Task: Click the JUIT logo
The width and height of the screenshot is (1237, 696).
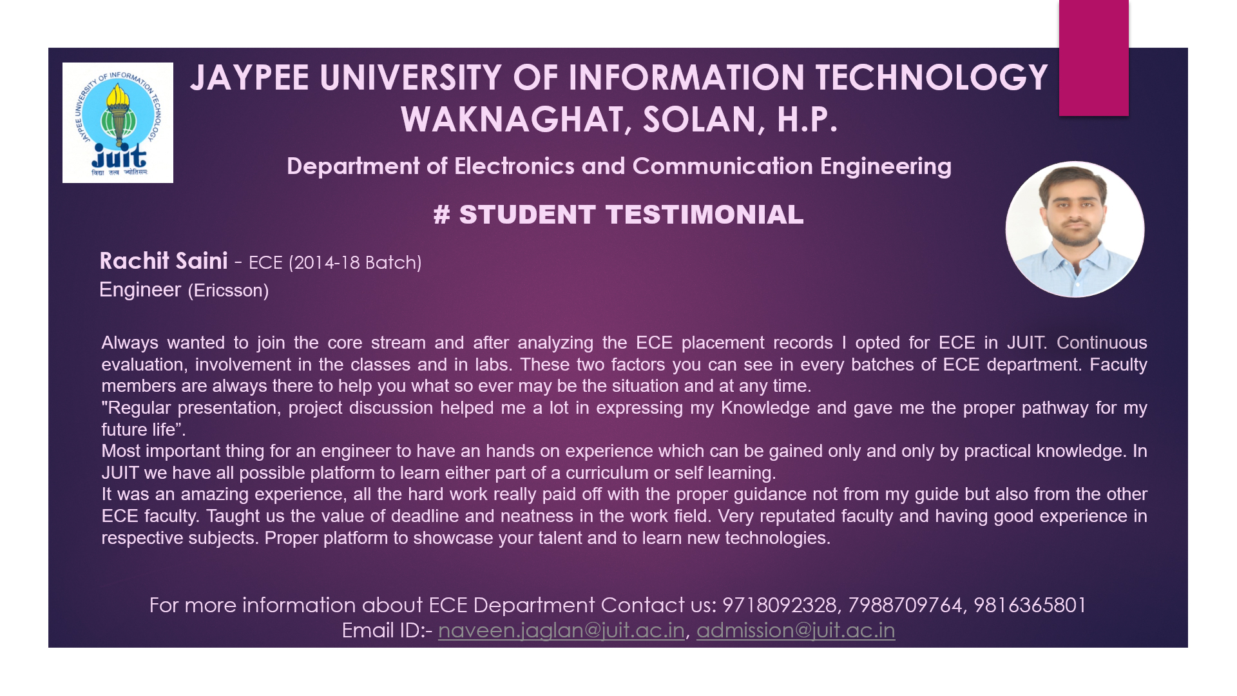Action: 118,122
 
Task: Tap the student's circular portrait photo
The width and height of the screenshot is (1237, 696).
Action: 1075,229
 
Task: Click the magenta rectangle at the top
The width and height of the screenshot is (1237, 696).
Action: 1093,58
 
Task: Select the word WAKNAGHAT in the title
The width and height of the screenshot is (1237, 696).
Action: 512,120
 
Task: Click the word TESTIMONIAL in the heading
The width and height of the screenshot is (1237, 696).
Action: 705,215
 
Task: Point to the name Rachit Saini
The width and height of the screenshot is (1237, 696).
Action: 164,261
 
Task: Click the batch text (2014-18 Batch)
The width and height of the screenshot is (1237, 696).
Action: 355,263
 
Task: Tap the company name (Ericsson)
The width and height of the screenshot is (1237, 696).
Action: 228,291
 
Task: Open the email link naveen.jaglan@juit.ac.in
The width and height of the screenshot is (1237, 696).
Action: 561,630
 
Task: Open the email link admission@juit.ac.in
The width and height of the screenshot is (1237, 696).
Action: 796,630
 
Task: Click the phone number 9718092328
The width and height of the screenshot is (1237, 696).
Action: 779,605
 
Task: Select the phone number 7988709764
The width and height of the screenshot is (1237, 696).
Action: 905,605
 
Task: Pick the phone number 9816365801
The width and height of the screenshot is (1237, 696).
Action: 1030,605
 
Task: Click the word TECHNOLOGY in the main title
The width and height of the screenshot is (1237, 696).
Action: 932,78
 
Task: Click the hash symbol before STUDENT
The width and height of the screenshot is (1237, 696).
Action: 441,215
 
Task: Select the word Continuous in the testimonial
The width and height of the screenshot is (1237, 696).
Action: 1102,342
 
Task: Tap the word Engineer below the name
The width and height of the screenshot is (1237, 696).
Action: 140,291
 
